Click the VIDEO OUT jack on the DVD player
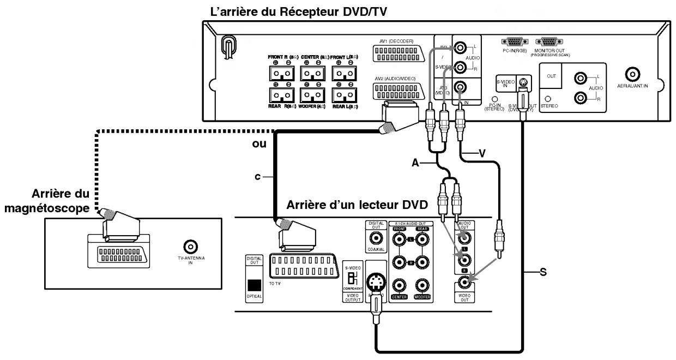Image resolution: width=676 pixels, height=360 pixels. click(x=465, y=283)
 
